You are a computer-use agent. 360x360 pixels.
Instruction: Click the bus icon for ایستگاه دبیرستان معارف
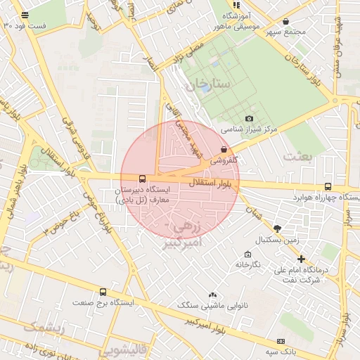[x=143, y=179]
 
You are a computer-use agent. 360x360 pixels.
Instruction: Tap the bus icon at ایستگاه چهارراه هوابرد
[x=328, y=186]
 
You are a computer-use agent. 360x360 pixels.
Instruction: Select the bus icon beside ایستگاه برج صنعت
[x=103, y=292]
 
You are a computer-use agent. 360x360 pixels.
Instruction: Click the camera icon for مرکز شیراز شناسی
[x=249, y=119]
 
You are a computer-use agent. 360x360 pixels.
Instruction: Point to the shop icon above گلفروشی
[x=224, y=149]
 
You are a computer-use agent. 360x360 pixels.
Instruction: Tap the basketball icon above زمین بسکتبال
[x=278, y=229]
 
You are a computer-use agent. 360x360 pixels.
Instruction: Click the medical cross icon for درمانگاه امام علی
[x=301, y=259]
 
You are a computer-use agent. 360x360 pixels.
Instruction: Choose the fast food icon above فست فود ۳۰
[x=25, y=15]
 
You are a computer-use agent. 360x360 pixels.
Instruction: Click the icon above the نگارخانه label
[x=247, y=254]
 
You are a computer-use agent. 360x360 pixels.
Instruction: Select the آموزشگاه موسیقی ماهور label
[x=239, y=23]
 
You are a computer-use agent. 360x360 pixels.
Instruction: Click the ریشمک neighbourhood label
[x=44, y=328]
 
